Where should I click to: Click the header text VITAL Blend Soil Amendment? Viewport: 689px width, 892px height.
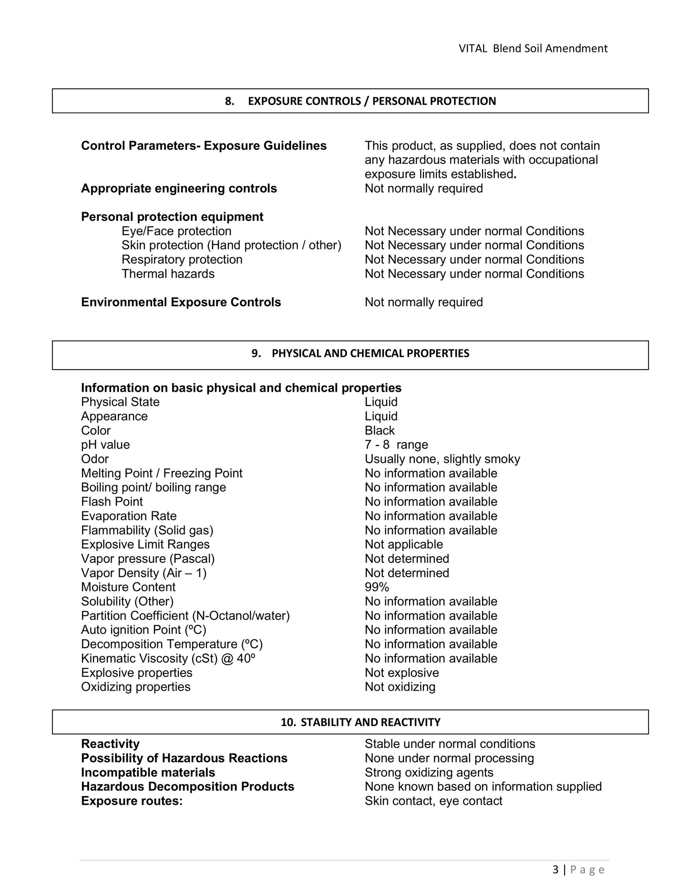pyautogui.click(x=533, y=48)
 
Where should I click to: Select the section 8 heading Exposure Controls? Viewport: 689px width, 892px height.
pyautogui.click(x=360, y=101)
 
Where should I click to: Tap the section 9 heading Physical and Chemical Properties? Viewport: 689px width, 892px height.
pyautogui.click(x=360, y=353)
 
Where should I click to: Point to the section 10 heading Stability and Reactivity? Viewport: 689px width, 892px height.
pyautogui.click(x=360, y=722)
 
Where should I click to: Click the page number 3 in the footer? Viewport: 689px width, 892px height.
pyautogui.click(x=555, y=870)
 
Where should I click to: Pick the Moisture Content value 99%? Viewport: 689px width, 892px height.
pyautogui.click(x=377, y=587)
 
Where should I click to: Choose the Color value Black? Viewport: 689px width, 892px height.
pyautogui.click(x=380, y=431)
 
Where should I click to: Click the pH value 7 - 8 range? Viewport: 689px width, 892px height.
pyautogui.click(x=396, y=445)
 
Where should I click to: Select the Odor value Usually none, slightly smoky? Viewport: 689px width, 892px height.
pyautogui.click(x=442, y=459)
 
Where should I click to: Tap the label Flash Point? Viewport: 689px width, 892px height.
pyautogui.click(x=112, y=502)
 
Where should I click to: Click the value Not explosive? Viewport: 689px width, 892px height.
pyautogui.click(x=401, y=673)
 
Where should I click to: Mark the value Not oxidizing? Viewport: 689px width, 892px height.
pyautogui.click(x=400, y=687)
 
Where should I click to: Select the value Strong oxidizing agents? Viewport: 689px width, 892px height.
pyautogui.click(x=429, y=773)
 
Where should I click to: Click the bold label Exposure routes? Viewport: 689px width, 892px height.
pyautogui.click(x=132, y=801)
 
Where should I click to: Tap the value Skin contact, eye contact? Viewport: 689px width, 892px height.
pyautogui.click(x=433, y=801)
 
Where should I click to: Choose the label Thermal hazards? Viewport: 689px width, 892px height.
pyautogui.click(x=168, y=274)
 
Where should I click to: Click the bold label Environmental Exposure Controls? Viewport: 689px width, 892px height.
pyautogui.click(x=181, y=302)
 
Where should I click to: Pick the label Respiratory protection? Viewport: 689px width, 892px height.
pyautogui.click(x=182, y=259)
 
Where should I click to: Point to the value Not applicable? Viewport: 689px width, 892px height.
pyautogui.click(x=403, y=545)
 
